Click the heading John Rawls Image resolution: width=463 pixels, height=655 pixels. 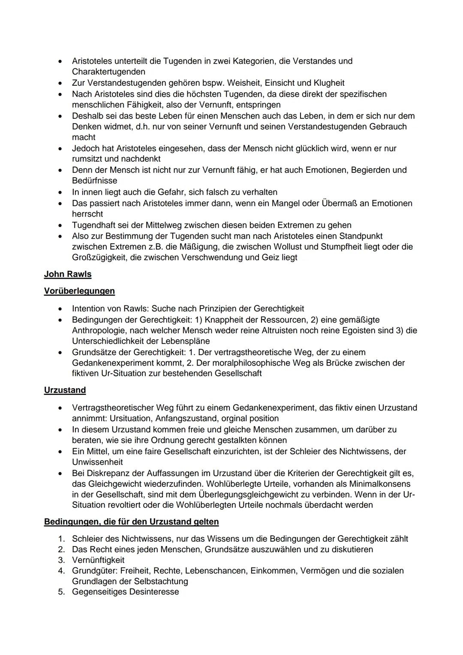point(68,274)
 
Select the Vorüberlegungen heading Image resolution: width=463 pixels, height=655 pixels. point(79,291)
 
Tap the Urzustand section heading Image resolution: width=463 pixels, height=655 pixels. point(65,390)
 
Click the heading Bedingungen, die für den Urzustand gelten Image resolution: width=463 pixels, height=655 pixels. point(131,522)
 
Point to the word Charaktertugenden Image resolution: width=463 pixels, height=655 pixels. point(108,72)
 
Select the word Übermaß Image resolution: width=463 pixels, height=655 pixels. point(339,203)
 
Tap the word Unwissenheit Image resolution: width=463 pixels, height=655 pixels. point(97,462)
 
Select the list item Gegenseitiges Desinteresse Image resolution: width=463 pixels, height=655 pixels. point(125,592)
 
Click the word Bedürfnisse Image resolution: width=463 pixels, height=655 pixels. point(94,181)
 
